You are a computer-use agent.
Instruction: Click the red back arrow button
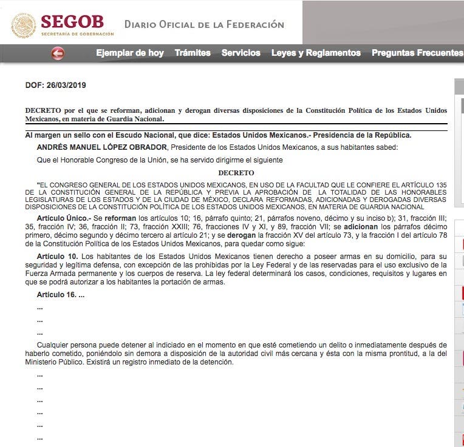coord(58,53)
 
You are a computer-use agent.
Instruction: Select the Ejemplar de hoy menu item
coord(129,53)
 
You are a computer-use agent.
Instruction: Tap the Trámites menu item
coord(193,53)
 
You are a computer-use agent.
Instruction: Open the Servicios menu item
coord(241,53)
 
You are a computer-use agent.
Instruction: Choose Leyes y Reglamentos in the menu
coord(316,53)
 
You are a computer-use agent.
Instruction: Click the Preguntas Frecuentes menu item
coord(417,53)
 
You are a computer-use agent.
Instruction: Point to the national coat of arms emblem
coord(24,25)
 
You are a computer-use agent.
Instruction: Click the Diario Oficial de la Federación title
coord(204,25)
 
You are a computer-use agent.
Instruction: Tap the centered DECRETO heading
coord(236,173)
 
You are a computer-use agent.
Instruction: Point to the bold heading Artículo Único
coord(64,218)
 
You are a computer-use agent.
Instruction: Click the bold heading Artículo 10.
coord(57,257)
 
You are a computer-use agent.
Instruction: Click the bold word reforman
coord(120,218)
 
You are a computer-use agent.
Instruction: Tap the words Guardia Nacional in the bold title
coord(137,119)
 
